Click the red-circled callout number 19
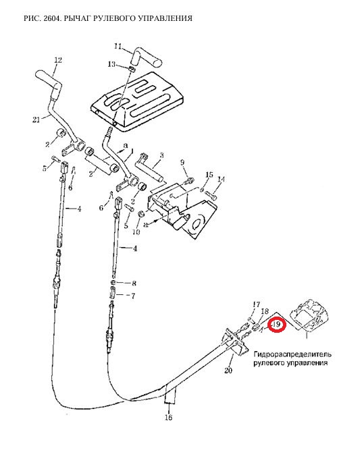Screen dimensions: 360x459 coord(277,325)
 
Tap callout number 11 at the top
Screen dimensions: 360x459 coord(118,47)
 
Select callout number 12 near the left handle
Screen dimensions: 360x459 coord(58,60)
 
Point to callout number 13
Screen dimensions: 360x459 coord(112,64)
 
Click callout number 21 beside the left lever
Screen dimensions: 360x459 coord(36,119)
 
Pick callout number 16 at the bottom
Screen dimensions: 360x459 coord(169,417)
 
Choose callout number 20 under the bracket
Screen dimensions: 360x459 coord(228,371)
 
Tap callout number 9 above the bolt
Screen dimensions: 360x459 coord(182,162)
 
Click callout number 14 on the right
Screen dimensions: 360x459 coord(221,179)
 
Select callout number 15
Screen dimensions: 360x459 coord(209,175)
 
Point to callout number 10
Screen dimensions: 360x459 coord(136,232)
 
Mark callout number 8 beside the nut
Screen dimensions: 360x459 coord(134,283)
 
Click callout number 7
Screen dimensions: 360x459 coord(132,296)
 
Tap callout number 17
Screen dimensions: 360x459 coord(256,304)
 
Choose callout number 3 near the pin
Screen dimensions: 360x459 coord(161,155)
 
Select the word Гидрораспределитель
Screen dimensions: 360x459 coord(292,354)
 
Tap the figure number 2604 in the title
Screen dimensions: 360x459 coord(53,18)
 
